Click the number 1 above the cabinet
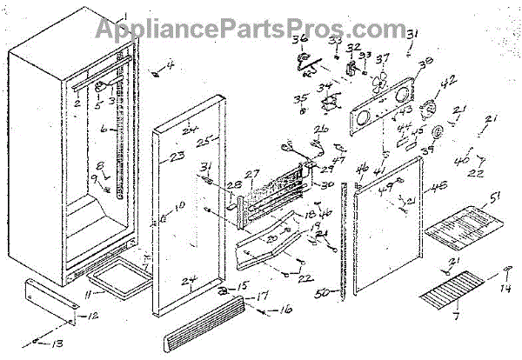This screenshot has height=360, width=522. (123, 16)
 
